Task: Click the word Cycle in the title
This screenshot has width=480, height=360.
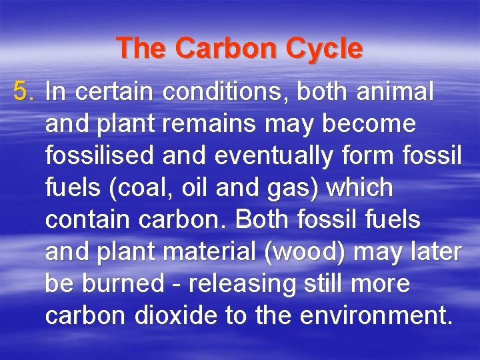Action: pyautogui.click(x=326, y=49)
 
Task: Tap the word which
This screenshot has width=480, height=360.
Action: pyautogui.click(x=361, y=188)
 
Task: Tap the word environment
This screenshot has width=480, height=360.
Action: pyautogui.click(x=373, y=315)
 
